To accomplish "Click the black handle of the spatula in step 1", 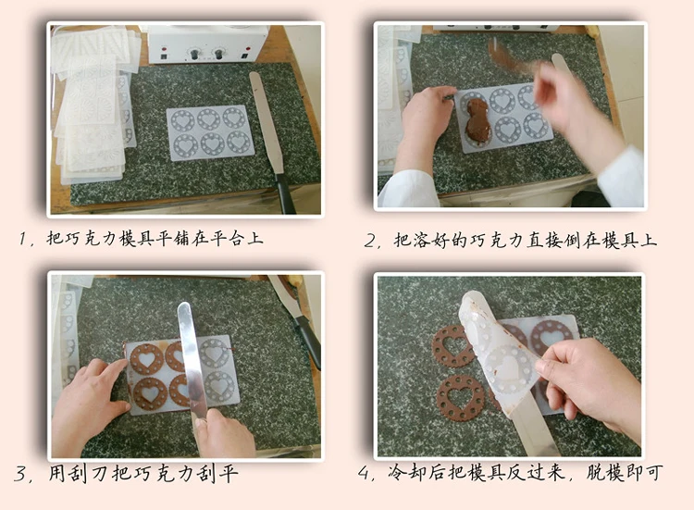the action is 286,193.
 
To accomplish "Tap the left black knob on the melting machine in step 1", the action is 194,55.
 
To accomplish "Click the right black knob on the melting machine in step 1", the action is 218,54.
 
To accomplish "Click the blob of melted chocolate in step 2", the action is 477,118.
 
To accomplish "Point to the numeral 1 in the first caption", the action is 22,239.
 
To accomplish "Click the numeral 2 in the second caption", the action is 369,242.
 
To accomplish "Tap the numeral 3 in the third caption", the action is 20,474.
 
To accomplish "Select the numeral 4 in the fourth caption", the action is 365,473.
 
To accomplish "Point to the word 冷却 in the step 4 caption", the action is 408,472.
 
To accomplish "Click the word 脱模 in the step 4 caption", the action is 605,473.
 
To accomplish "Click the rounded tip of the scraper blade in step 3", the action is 184,306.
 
